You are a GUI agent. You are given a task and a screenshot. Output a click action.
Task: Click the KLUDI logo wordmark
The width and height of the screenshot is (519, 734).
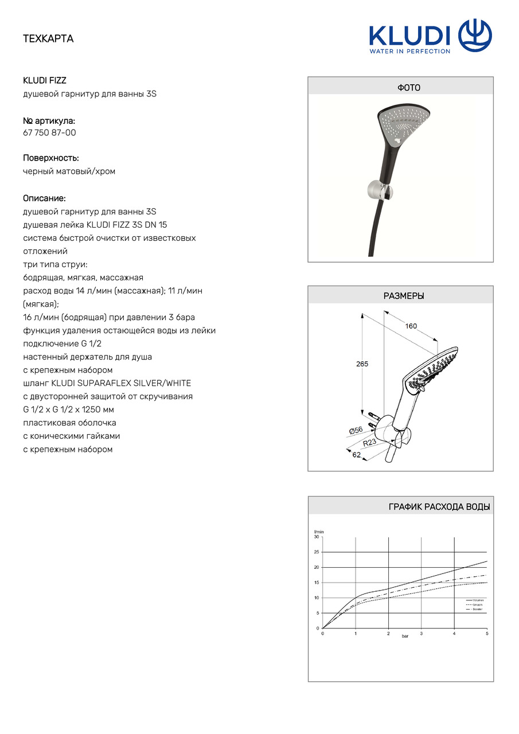pos(409,36)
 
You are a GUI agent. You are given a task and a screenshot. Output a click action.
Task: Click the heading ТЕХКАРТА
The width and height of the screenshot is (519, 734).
pos(48,39)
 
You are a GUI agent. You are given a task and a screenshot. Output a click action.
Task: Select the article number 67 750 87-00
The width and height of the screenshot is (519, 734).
pos(49,132)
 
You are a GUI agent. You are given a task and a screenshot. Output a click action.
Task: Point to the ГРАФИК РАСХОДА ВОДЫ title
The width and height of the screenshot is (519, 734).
pos(439,506)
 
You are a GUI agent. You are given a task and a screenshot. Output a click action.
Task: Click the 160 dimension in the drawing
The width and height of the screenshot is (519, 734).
pos(411,326)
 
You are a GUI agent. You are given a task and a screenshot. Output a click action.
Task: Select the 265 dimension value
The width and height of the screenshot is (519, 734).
pos(362,364)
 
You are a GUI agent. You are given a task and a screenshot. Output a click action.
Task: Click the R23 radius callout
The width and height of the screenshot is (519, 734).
pos(370,443)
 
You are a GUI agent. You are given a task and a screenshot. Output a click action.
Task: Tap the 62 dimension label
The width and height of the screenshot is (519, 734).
pos(357,455)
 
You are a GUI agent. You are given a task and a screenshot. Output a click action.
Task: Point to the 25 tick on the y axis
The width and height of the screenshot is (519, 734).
pos(317,552)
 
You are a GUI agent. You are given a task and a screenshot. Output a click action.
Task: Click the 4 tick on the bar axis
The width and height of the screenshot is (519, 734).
pos(454,634)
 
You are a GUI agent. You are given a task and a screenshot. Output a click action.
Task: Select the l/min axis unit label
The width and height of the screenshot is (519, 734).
pos(319,532)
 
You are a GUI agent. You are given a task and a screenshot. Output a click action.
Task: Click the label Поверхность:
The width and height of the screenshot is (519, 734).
pos(51,158)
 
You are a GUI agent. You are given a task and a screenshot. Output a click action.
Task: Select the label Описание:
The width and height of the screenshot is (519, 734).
pos(44,198)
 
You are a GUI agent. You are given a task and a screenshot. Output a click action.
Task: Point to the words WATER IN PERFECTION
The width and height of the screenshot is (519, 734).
pos(409,51)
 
